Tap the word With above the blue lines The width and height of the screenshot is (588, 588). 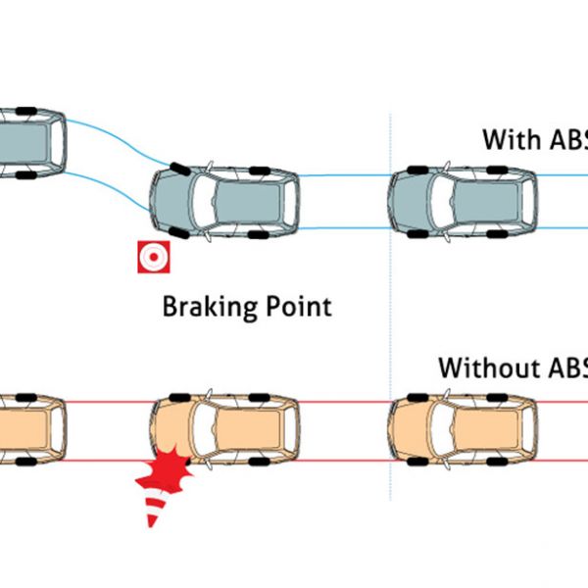tap(510, 138)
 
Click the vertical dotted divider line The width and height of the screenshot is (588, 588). tap(390, 294)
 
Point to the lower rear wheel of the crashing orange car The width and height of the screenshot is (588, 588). tap(261, 462)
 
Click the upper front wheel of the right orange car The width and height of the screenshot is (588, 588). tap(417, 395)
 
